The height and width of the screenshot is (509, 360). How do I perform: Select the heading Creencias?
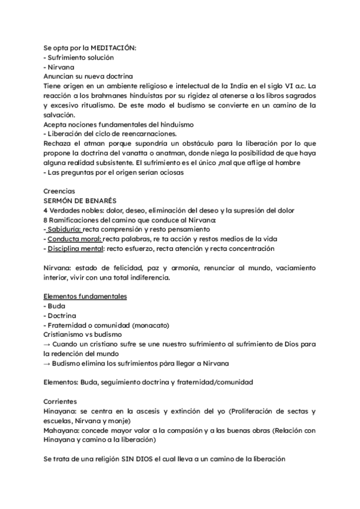(60, 191)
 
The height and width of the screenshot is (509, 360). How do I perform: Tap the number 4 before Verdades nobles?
(46, 210)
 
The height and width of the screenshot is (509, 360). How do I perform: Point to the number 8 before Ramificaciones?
(46, 220)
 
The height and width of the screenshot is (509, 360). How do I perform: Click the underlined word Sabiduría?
(64, 229)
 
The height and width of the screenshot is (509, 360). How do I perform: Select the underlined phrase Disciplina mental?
(75, 248)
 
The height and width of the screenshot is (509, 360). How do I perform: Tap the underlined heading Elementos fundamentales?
(85, 297)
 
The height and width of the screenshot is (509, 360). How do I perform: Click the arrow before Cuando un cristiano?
(47, 345)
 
